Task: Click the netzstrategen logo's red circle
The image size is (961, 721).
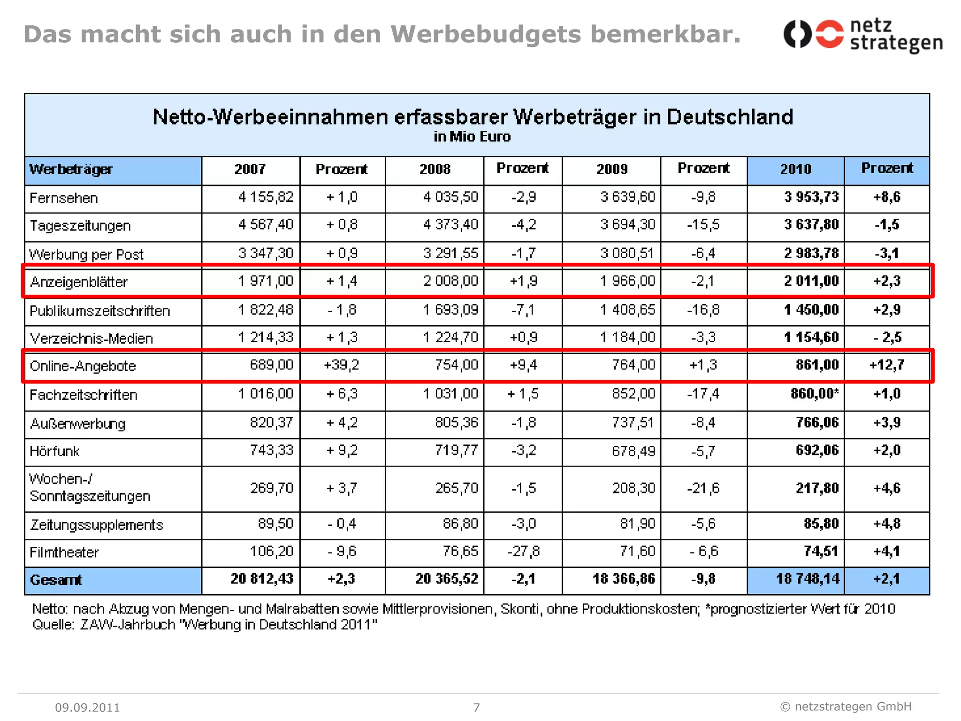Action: pos(829,34)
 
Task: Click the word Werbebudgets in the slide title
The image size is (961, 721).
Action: pos(485,34)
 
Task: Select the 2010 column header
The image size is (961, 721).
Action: pos(795,169)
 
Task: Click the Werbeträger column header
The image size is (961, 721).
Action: pos(71,169)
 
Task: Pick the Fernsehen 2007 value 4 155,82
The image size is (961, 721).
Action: pos(266,197)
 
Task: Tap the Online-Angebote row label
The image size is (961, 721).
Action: pos(83,366)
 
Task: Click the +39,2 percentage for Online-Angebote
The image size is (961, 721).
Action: pos(341,365)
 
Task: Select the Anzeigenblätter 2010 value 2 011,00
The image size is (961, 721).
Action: pos(811,281)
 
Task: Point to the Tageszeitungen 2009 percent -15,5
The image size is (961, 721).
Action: pos(703,224)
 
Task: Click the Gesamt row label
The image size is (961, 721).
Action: pos(55,580)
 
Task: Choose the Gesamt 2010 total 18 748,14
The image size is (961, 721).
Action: pos(807,579)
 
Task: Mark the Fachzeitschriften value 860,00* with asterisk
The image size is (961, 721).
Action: pos(814,393)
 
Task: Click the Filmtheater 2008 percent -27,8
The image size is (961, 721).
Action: pos(523,551)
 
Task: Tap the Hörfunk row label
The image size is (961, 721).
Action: pos(54,451)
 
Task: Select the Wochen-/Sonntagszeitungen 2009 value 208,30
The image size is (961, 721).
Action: pos(633,488)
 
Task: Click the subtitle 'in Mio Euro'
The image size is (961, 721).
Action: pos(472,137)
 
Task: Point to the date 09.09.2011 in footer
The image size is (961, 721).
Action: pos(87,707)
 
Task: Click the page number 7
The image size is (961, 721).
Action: pos(476,707)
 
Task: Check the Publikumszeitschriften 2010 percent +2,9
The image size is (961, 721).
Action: pos(886,310)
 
